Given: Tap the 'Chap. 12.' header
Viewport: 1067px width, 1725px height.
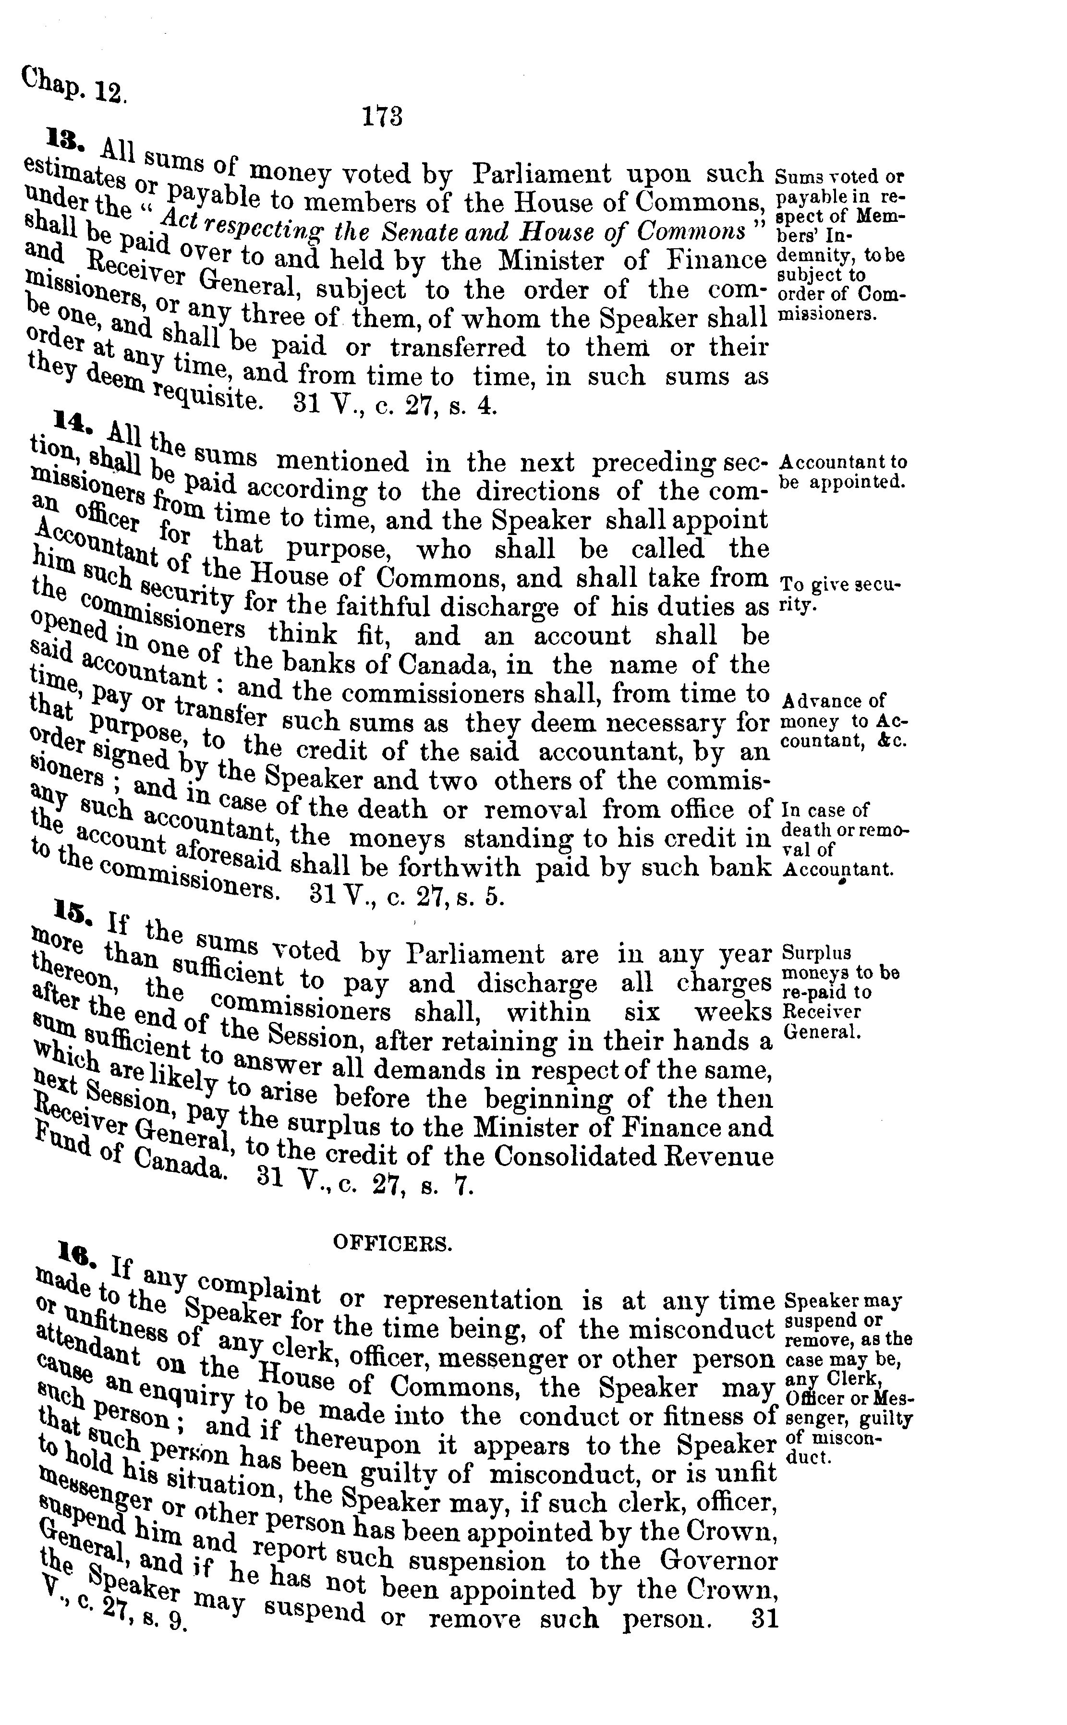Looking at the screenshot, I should (x=73, y=86).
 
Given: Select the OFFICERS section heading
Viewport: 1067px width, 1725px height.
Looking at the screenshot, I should (x=392, y=1244).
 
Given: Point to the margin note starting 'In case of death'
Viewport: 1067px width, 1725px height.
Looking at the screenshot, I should (x=843, y=838).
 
